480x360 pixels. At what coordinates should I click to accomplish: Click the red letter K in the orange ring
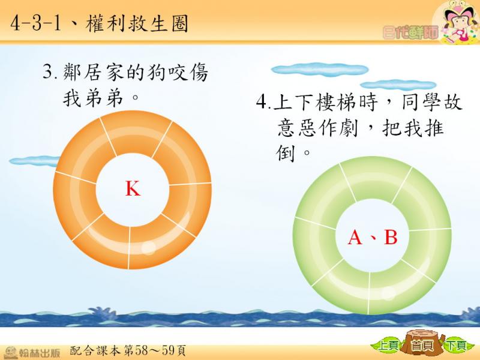(133, 188)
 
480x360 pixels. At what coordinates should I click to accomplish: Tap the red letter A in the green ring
(355, 237)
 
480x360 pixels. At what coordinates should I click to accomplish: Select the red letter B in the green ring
(391, 237)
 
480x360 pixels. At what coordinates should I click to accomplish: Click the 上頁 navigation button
(387, 346)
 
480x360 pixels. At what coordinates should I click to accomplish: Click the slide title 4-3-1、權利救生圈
(99, 23)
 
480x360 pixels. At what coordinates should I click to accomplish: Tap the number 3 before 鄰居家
(49, 72)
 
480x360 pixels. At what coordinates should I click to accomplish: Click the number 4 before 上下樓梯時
(262, 101)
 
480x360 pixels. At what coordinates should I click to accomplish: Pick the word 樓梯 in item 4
(337, 101)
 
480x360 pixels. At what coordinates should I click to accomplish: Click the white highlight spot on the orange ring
(149, 247)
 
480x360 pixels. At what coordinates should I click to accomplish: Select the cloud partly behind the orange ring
(34, 161)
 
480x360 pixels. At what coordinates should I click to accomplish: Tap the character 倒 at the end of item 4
(286, 153)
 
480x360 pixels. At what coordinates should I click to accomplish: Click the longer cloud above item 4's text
(320, 70)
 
